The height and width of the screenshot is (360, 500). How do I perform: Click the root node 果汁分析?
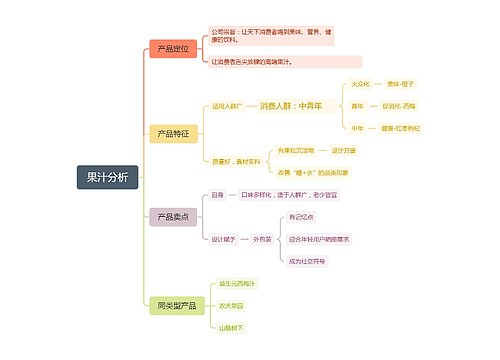pos(107,177)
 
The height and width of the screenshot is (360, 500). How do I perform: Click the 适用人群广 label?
pos(227,105)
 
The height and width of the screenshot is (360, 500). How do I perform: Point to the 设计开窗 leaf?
pos(343,149)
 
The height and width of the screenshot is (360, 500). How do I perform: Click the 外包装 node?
pos(261,239)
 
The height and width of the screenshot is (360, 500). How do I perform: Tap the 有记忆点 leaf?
pos(301,217)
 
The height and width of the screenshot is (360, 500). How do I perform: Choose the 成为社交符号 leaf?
pos(307,261)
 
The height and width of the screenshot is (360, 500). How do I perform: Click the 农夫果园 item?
pos(232,305)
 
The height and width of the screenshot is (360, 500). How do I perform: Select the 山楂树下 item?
pos(232,327)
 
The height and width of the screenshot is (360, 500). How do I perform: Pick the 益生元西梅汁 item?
pos(237,283)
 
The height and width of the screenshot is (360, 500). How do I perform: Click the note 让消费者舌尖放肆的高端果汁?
pos(252,62)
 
